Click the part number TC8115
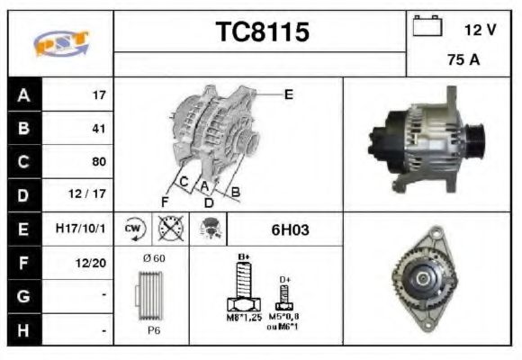(x=263, y=32)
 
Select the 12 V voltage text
(x=480, y=30)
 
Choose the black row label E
(x=22, y=229)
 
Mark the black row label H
(x=22, y=330)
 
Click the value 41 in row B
(x=98, y=129)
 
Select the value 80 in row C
(x=98, y=162)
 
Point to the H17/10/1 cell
(x=80, y=229)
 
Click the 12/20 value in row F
(x=92, y=263)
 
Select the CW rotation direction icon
(x=132, y=229)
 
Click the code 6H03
(x=290, y=229)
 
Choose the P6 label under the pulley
(x=155, y=330)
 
